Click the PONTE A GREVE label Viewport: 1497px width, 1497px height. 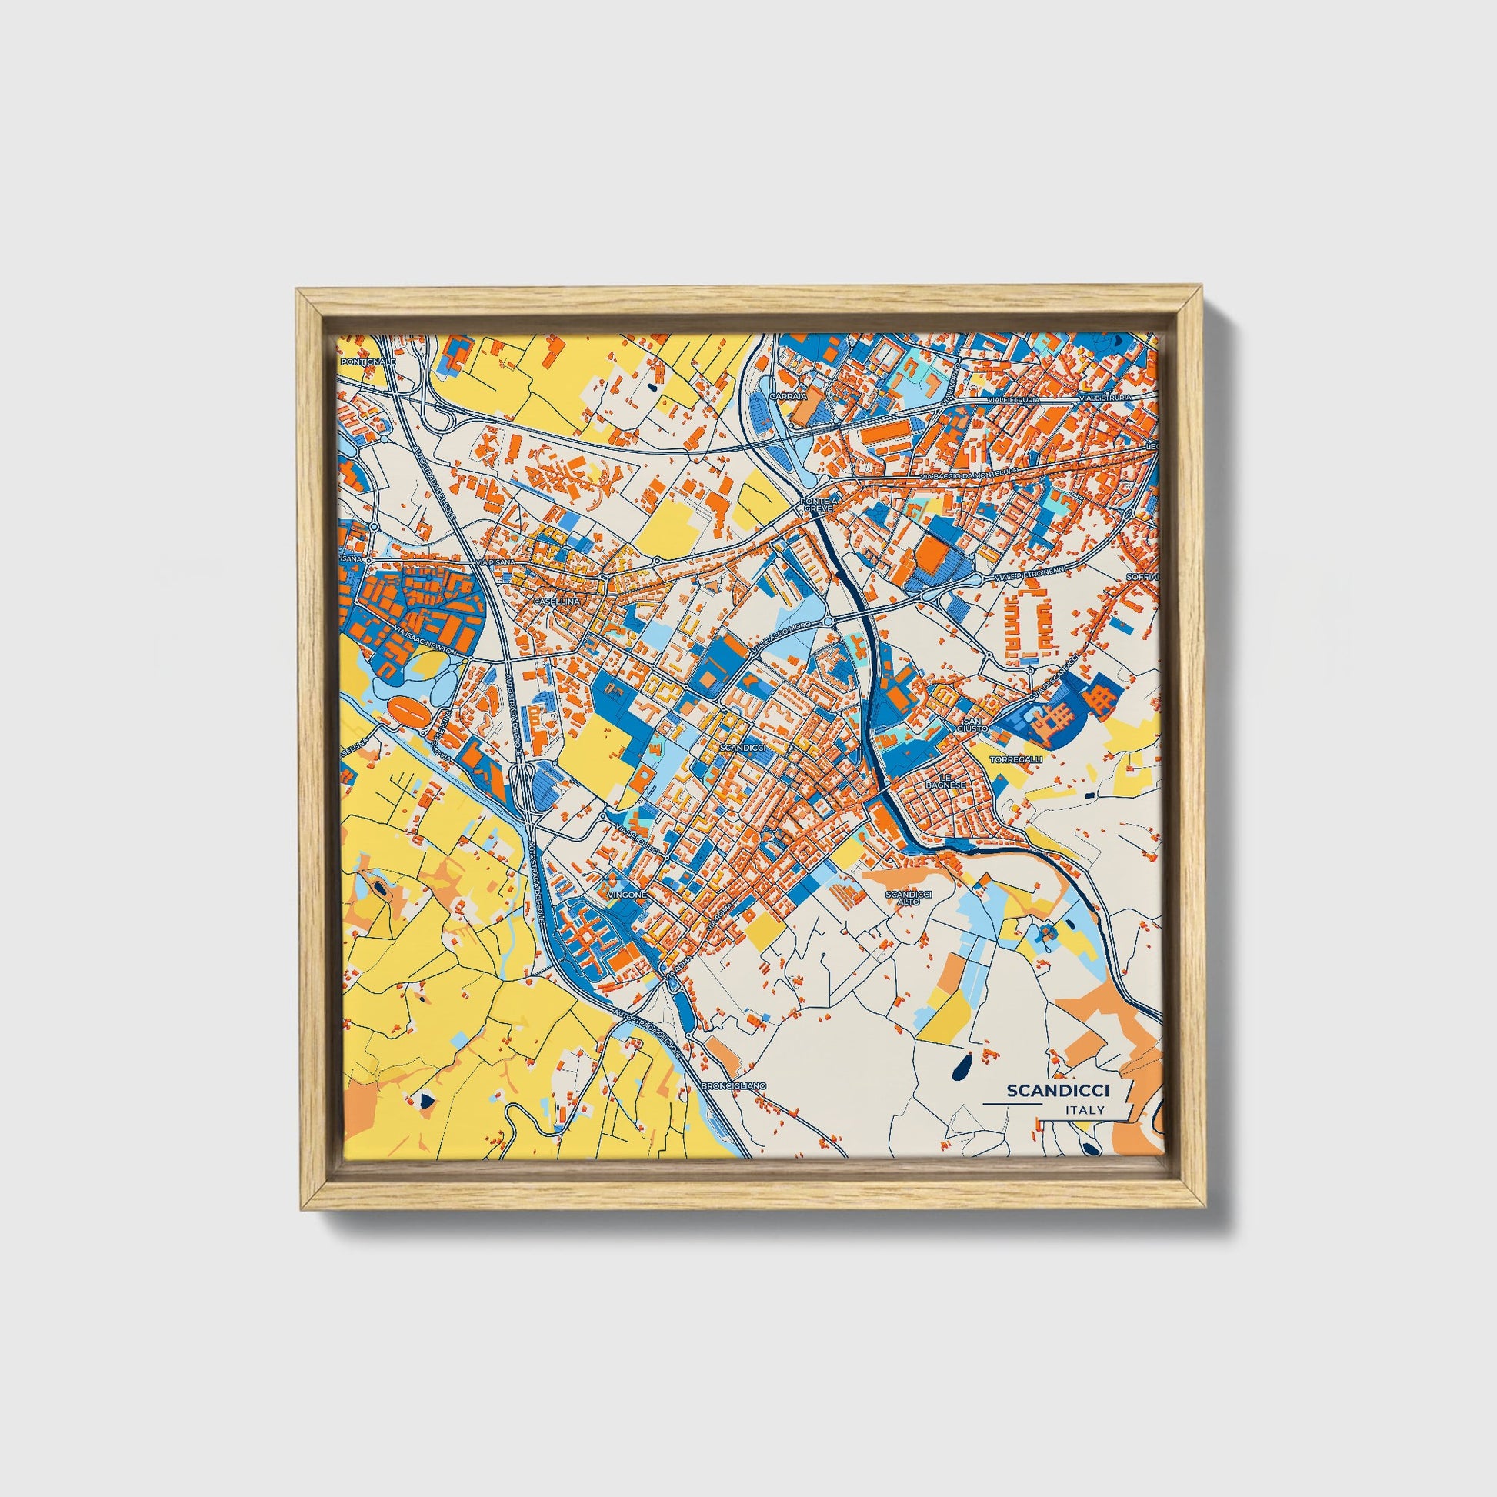[822, 505]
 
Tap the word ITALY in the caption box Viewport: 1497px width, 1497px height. [1085, 1110]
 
